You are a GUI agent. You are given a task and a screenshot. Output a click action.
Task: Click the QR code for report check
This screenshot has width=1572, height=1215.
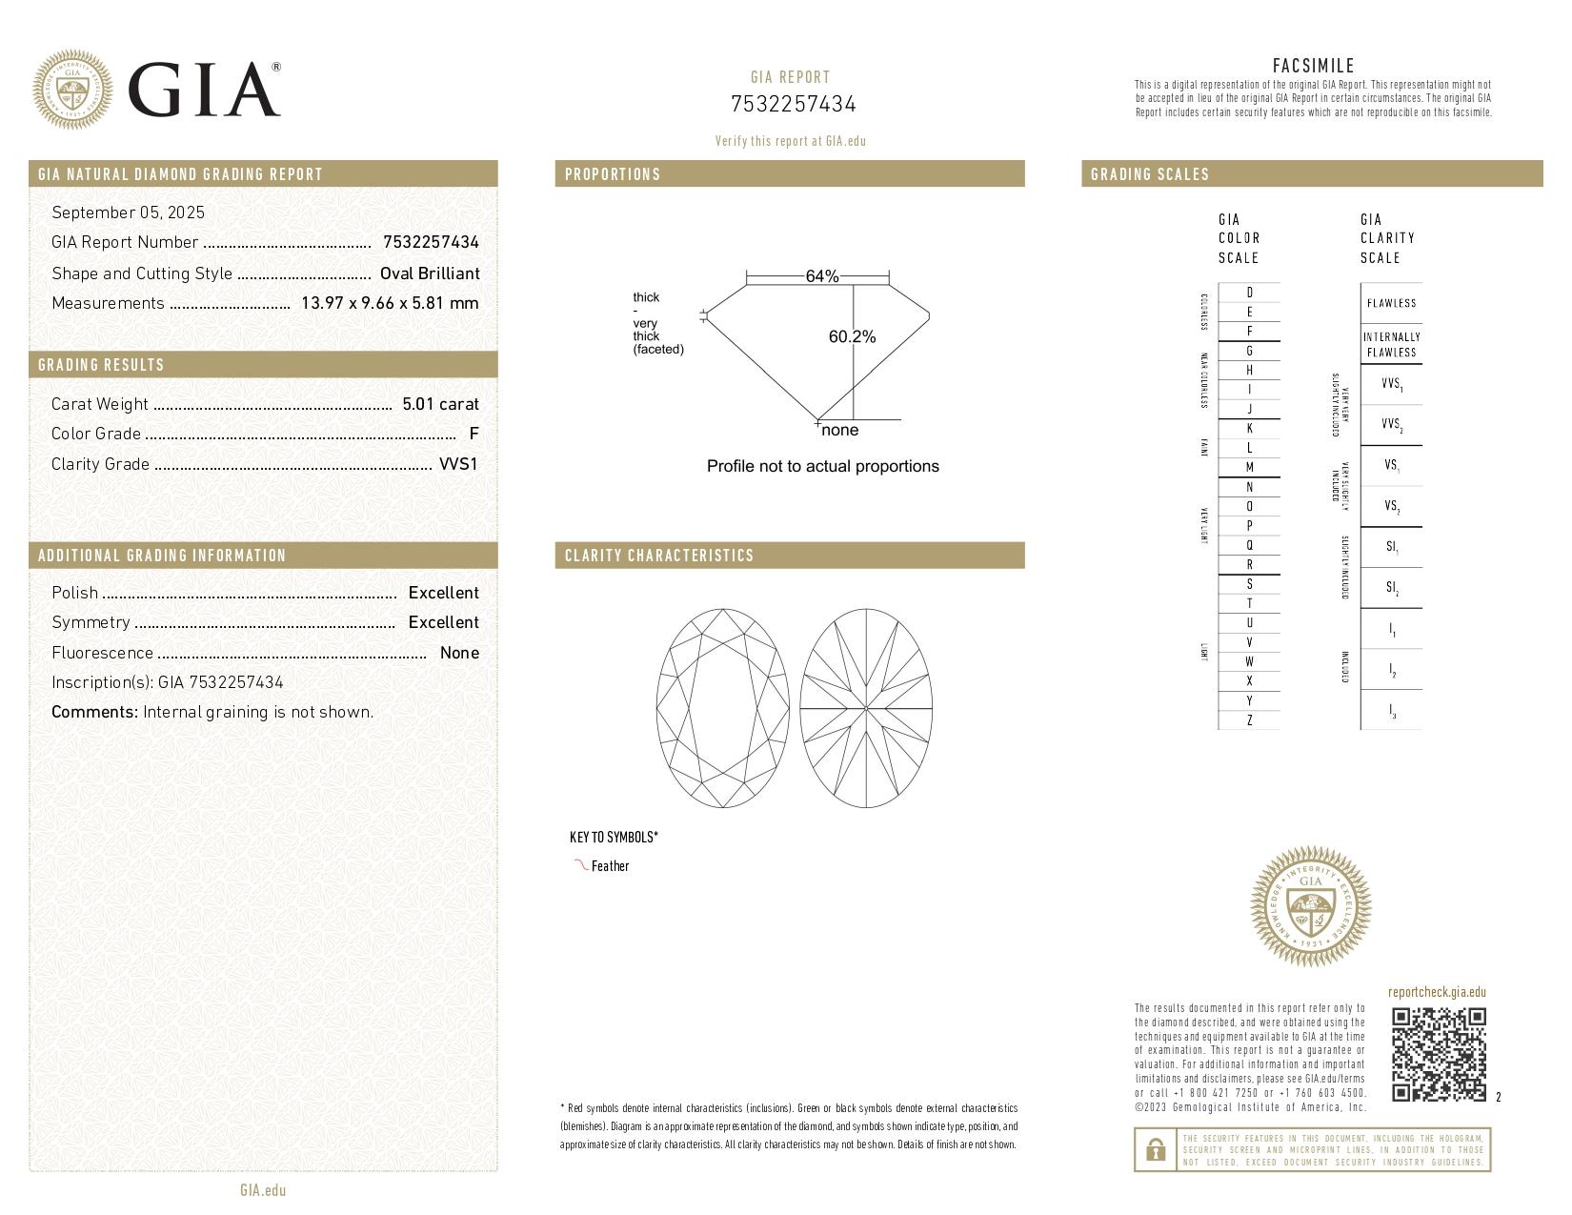coord(1439,1054)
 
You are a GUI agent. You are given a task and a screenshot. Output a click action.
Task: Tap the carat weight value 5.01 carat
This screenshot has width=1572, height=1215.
coord(440,404)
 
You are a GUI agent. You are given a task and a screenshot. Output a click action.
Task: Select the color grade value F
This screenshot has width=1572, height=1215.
coord(474,434)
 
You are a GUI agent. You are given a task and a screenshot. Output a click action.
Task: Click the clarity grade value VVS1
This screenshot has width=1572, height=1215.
coord(458,464)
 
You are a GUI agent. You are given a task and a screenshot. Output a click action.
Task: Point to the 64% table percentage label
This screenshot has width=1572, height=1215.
coord(821,276)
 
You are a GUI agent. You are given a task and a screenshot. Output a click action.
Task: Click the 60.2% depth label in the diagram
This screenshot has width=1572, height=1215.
coord(852,336)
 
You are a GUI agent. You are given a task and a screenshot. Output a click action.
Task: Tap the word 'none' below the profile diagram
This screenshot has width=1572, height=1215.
coord(839,431)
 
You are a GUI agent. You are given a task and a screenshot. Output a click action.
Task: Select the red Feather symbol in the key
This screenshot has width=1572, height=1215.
coord(580,865)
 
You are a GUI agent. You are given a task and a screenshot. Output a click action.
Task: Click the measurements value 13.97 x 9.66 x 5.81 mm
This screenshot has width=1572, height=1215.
coord(390,303)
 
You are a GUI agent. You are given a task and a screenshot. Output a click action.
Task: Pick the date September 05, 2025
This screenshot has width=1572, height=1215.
coord(128,213)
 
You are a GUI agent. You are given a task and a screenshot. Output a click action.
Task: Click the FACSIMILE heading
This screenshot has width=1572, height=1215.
coord(1313,66)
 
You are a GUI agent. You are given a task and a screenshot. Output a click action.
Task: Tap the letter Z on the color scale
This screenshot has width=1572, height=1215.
coord(1249,720)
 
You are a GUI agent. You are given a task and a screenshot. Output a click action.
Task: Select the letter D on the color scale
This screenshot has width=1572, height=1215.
coord(1249,293)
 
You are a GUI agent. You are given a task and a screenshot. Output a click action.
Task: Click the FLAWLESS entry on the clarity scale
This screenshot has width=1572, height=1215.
coord(1391,303)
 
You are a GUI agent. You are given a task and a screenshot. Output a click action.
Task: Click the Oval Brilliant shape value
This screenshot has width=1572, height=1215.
coord(430,273)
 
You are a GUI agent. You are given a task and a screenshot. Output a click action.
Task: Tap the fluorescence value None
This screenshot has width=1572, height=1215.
coord(459,653)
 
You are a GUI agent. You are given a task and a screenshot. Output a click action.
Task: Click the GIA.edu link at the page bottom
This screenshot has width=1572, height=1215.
coord(263,1189)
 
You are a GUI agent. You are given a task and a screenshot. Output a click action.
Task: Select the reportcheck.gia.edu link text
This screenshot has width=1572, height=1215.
coord(1437,992)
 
